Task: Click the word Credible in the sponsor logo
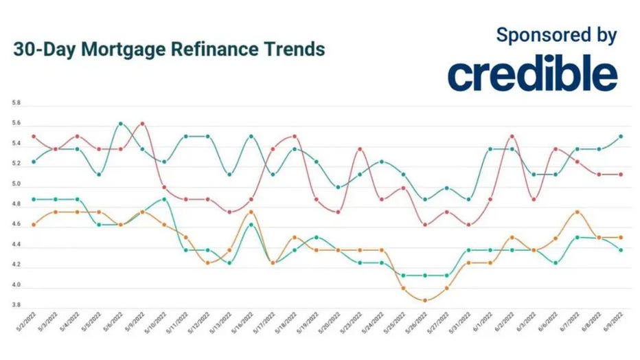[x=532, y=75]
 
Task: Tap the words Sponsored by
[x=556, y=36]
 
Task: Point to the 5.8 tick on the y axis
[x=16, y=103]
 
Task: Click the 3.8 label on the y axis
[x=16, y=305]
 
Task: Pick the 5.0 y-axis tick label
[x=16, y=184]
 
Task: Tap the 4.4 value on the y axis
[x=16, y=245]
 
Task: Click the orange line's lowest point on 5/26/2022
[x=425, y=300]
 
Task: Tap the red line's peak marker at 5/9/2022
[x=142, y=124]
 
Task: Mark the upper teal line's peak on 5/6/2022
[x=120, y=124]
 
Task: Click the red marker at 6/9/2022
[x=621, y=175]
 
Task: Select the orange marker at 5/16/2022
[x=251, y=212]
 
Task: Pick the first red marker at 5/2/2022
[x=34, y=136]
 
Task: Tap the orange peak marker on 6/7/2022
[x=578, y=212]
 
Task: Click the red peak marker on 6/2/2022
[x=512, y=136]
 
